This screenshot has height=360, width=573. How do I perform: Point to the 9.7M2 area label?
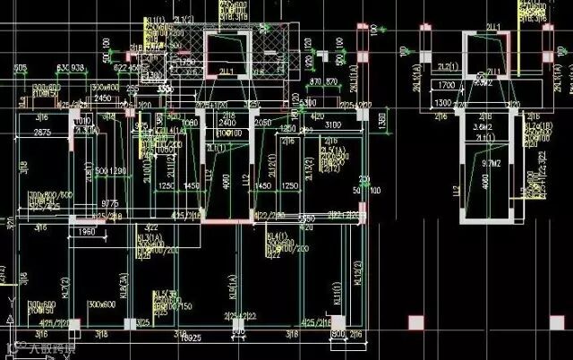tap(489, 165)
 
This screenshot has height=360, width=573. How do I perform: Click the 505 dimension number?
tap(21, 68)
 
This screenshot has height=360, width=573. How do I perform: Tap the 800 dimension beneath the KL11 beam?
tap(338, 336)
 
